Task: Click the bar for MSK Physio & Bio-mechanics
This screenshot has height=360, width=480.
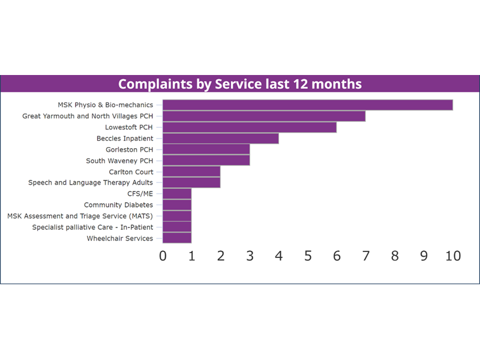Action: click(x=308, y=105)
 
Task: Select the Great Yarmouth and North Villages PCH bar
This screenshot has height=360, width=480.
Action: click(x=264, y=116)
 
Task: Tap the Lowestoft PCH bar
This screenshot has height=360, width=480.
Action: click(x=250, y=127)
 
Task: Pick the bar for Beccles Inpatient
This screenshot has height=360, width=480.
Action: click(x=220, y=139)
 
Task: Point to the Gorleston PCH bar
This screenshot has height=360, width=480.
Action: click(x=206, y=149)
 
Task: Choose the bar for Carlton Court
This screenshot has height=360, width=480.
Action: click(x=191, y=172)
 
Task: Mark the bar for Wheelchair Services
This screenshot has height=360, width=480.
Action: click(x=177, y=238)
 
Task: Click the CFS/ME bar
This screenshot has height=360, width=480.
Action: click(x=177, y=194)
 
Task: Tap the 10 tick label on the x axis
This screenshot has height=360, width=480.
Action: click(x=453, y=256)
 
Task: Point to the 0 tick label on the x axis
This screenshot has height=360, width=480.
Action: click(x=163, y=256)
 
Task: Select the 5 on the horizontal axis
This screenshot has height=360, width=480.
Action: click(x=308, y=256)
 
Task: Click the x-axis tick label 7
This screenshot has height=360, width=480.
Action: click(x=366, y=256)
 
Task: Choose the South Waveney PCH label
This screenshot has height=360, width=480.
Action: click(x=119, y=161)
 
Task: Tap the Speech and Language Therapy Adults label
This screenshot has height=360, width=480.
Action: click(x=91, y=183)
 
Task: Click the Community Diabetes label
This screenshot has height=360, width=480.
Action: click(x=118, y=205)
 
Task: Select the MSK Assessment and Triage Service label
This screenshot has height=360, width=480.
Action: click(x=80, y=216)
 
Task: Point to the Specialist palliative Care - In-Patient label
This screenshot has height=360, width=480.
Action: click(x=92, y=227)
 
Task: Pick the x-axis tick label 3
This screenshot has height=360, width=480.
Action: click(x=250, y=256)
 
